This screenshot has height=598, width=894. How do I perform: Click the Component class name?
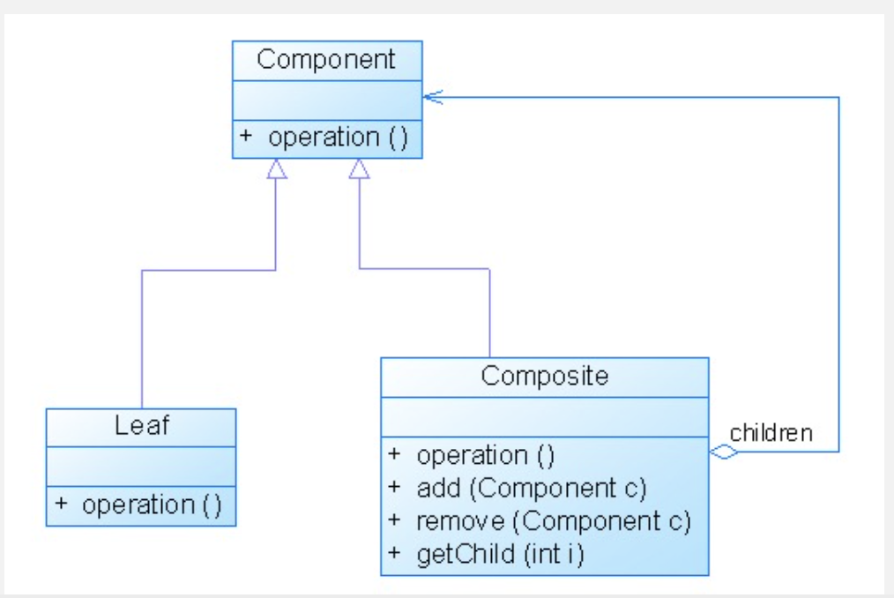coord(326,59)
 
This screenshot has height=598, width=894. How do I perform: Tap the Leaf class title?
coord(141,425)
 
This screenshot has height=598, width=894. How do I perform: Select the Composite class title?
coord(545,376)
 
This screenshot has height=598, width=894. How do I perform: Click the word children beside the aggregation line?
coord(771,433)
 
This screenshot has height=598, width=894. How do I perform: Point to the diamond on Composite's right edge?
coord(724,452)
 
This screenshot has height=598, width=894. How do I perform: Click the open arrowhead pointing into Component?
coord(433,98)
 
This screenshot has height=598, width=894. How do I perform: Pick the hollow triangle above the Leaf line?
coord(277,168)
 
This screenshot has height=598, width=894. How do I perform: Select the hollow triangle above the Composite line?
coord(359,168)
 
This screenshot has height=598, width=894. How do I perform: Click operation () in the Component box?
coord(338,138)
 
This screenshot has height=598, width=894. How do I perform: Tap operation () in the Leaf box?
coord(152,505)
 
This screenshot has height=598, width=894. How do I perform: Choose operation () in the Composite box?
coord(486,456)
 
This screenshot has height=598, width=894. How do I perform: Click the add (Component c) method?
coord(532,489)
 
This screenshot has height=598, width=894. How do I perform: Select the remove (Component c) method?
coord(554,521)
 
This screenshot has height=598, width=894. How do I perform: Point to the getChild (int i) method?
coord(501,554)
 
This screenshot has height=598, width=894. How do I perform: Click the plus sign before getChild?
coord(394,553)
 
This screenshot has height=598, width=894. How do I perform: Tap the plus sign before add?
coord(394,487)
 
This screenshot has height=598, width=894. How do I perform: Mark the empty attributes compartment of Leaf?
coord(141,467)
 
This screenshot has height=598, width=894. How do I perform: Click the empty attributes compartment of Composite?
coord(545,417)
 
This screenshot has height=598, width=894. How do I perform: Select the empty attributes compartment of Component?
coord(327,101)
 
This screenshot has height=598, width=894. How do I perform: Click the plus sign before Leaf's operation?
coord(61,504)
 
